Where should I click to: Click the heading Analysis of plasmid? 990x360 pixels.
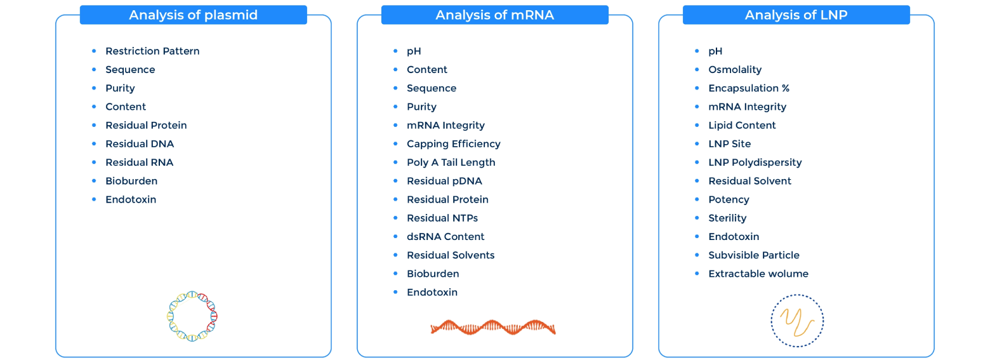[x=193, y=15]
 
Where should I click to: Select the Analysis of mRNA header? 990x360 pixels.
[x=494, y=15]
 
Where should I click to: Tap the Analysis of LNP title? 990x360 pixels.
[x=796, y=15]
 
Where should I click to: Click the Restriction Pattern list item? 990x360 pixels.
[x=152, y=51]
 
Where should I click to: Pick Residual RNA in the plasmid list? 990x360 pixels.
[x=139, y=163]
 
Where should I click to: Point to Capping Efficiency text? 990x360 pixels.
[x=453, y=144]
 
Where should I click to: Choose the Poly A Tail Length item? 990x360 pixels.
[x=451, y=163]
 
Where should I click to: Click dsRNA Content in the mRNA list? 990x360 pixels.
[x=445, y=237]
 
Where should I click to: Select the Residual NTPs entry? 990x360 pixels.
[x=442, y=218]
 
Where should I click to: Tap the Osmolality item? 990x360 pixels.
[x=735, y=70]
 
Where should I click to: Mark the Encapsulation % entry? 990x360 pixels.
[x=749, y=88]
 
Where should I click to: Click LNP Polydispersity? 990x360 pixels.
[x=755, y=163]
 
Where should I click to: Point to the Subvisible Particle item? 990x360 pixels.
[x=754, y=255]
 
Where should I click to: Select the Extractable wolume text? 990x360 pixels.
[x=758, y=274]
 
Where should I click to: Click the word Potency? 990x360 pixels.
[x=729, y=200]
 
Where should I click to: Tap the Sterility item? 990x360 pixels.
[x=727, y=218]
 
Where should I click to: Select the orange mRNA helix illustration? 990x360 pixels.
[x=493, y=327]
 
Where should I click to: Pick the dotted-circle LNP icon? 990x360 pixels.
[x=797, y=321]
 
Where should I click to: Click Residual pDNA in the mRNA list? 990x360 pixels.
[x=444, y=181]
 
